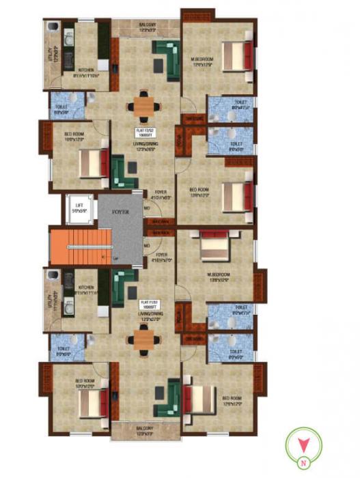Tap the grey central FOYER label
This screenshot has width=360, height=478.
pyautogui.click(x=121, y=212)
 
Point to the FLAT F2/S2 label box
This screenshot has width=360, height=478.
pyautogui.click(x=146, y=133)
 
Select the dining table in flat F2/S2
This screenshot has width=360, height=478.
pyautogui.click(x=144, y=106)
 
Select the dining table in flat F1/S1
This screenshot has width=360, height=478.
pyautogui.click(x=144, y=339)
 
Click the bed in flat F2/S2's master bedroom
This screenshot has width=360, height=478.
pyautogui.click(x=236, y=55)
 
